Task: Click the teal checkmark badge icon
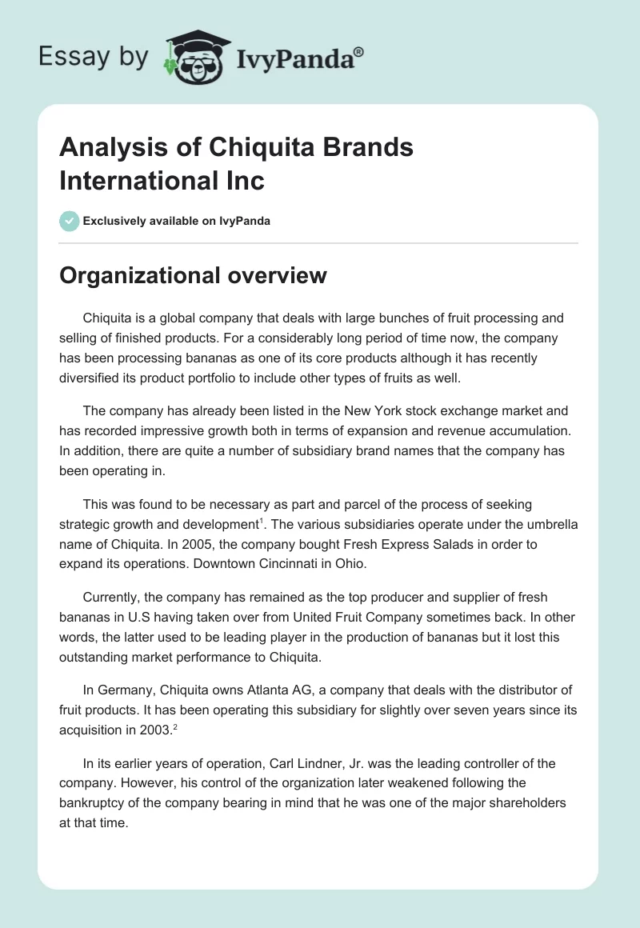tap(70, 221)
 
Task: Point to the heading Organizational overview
tap(193, 275)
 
